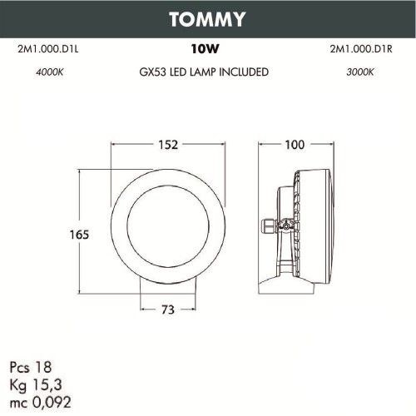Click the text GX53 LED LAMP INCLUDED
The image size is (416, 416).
coord(205,72)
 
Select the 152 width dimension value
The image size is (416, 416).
coord(169,145)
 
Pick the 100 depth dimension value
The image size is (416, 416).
coord(295,145)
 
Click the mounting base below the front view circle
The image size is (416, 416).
coord(169,285)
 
